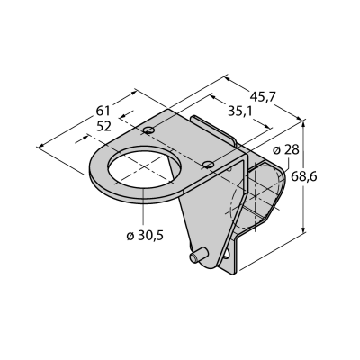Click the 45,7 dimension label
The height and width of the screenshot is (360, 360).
(261, 97)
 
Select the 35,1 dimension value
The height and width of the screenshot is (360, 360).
(239, 112)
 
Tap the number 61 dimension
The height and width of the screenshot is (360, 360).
(103, 111)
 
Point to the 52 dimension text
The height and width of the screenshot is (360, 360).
(103, 126)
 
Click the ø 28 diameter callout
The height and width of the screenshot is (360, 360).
(286, 150)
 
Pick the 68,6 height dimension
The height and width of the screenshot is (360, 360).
(303, 177)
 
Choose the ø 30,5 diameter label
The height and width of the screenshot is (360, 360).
(145, 236)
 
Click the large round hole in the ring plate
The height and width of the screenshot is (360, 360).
(146, 167)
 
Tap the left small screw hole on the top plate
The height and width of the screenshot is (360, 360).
(148, 130)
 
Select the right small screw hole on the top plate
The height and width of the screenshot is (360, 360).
(208, 164)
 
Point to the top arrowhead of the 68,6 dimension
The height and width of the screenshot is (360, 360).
(304, 122)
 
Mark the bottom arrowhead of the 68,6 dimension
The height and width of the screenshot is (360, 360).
(304, 229)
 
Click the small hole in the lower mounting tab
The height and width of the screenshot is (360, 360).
(227, 255)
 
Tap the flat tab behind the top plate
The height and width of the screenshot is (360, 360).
(214, 130)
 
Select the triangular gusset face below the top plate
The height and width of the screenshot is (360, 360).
(210, 210)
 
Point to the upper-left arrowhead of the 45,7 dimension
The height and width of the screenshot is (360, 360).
(228, 79)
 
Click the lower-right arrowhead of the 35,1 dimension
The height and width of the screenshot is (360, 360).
(267, 127)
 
